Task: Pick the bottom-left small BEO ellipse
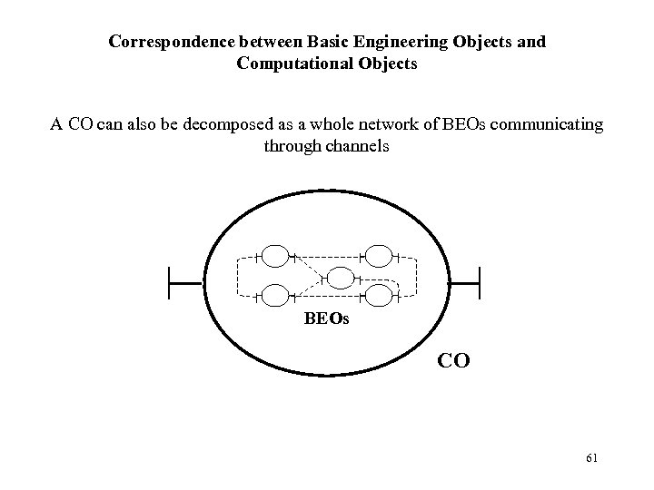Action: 276,297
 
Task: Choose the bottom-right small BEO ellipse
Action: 378,297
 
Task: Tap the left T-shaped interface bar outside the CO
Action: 172,283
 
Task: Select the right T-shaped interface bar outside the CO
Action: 479,283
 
